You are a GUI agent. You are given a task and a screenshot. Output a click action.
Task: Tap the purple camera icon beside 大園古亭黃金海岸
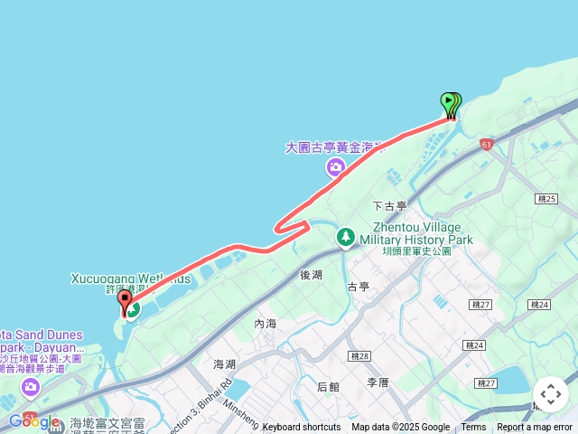point(336,167)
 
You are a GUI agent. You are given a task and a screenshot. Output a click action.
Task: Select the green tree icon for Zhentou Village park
point(346,237)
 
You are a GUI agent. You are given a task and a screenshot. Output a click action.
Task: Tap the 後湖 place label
point(312,273)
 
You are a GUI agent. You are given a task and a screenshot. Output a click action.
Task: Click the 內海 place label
point(266,323)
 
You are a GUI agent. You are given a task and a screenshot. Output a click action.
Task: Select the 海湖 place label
point(225,363)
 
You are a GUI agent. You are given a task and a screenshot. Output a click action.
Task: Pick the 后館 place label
point(329,387)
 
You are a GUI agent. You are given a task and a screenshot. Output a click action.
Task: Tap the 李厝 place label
point(378,382)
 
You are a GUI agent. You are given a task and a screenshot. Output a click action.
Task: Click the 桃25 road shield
point(545,198)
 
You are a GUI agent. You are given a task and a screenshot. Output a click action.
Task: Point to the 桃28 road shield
point(360,356)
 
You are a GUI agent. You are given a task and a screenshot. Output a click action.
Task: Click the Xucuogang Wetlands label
point(130,279)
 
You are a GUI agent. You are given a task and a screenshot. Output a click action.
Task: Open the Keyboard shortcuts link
point(301,428)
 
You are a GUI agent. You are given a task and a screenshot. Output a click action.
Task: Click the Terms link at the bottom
point(473,428)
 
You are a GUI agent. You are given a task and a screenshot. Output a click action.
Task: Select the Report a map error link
point(535,428)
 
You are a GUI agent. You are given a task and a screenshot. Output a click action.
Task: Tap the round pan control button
point(551,394)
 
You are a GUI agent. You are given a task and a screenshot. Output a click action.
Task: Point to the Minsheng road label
point(241,415)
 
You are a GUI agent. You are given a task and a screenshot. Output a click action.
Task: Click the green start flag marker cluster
point(451,105)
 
